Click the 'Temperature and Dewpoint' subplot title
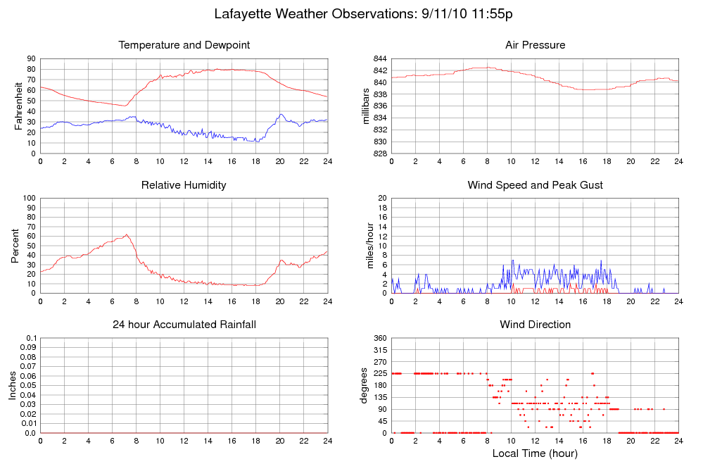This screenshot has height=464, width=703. click(x=184, y=45)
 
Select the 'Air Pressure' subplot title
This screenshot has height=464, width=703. click(x=535, y=45)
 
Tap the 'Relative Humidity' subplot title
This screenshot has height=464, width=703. click(x=184, y=184)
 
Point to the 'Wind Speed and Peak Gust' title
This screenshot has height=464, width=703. click(x=535, y=184)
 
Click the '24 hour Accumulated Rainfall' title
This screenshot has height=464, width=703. click(x=184, y=325)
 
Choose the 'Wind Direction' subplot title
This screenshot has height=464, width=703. click(x=535, y=325)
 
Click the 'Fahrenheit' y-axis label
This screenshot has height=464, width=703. click(x=18, y=106)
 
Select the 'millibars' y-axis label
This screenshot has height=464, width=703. click(x=366, y=106)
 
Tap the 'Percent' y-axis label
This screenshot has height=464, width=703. click(x=15, y=245)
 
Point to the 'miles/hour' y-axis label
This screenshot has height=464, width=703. click(x=366, y=245)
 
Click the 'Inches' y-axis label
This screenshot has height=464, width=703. click(x=12, y=385)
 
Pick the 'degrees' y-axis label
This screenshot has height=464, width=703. click(x=365, y=385)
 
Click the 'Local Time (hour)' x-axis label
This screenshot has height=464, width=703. click(x=535, y=453)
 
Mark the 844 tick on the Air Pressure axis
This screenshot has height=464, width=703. click(x=379, y=58)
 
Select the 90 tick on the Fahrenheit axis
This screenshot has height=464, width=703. click(x=31, y=58)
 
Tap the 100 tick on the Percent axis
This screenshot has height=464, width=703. click(x=29, y=198)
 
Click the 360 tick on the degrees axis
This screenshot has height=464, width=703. click(x=379, y=338)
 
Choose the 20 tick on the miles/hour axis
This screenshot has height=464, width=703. click(x=381, y=198)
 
